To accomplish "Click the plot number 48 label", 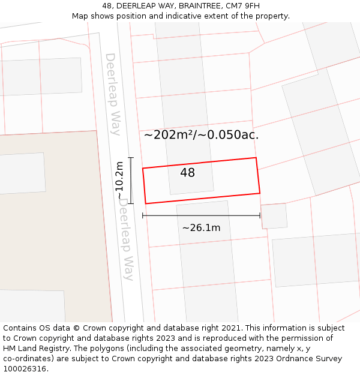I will (187, 173).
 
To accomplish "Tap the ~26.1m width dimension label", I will (201, 228).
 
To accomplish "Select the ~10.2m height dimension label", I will (121, 181).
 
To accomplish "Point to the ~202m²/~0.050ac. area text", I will (201, 135).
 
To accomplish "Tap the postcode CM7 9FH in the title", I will (241, 6).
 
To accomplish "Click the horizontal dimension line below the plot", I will (201, 215).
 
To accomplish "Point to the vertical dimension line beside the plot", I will (131, 181).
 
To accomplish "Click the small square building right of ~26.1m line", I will (274, 216).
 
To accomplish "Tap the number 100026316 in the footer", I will (24, 369).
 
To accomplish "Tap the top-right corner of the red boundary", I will (256, 158).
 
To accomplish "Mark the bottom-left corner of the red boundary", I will (146, 203).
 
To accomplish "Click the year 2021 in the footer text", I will (231, 328).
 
